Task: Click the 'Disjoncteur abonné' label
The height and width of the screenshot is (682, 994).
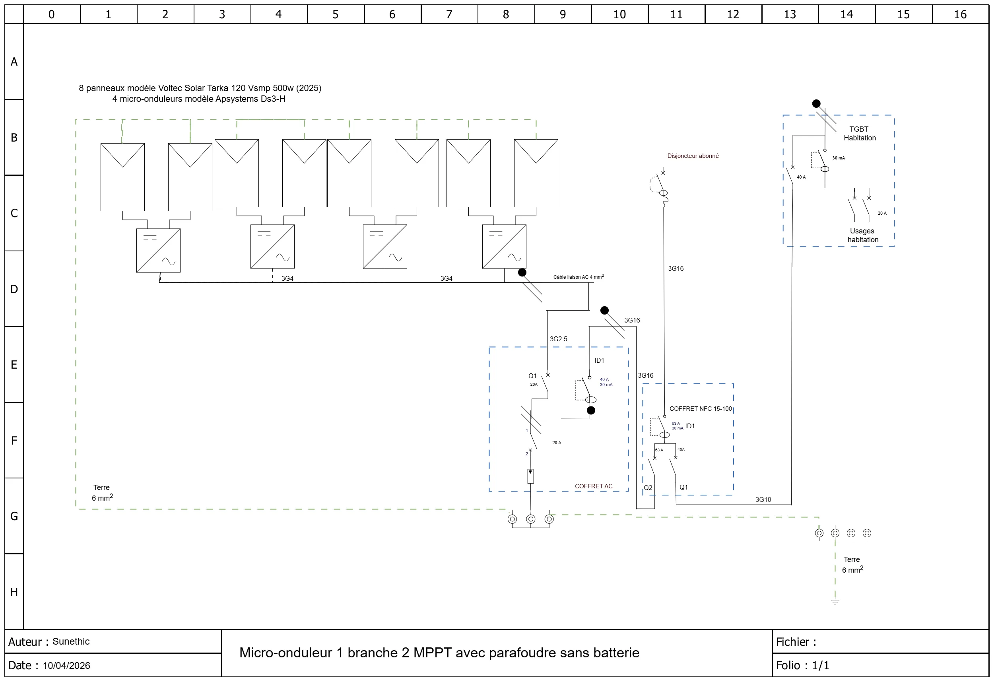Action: (x=693, y=156)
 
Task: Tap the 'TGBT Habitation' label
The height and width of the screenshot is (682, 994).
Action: (x=859, y=134)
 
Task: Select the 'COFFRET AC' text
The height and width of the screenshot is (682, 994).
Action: (x=594, y=486)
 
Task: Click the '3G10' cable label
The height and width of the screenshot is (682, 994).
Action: (x=763, y=500)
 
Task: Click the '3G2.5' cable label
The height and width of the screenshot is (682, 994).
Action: (x=559, y=339)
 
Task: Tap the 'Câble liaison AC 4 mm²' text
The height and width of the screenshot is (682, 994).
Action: (x=579, y=277)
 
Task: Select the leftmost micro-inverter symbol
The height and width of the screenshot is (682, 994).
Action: (x=158, y=251)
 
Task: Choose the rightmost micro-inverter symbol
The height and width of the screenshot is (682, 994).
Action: (x=504, y=247)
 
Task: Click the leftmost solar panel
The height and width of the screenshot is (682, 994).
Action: (x=122, y=177)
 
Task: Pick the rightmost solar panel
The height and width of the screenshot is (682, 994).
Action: (x=536, y=173)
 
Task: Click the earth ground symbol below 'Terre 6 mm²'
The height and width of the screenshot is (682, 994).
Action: (x=835, y=601)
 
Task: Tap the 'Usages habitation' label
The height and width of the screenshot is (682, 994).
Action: (x=863, y=235)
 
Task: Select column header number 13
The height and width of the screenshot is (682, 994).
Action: (x=790, y=15)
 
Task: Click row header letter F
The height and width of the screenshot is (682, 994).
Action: (x=14, y=441)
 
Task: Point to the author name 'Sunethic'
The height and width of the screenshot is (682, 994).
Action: (x=71, y=642)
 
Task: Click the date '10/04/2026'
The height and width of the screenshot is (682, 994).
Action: (x=66, y=666)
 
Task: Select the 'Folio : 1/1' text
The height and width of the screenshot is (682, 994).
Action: (x=802, y=666)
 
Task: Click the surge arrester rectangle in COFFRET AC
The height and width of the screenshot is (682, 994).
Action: (x=530, y=476)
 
